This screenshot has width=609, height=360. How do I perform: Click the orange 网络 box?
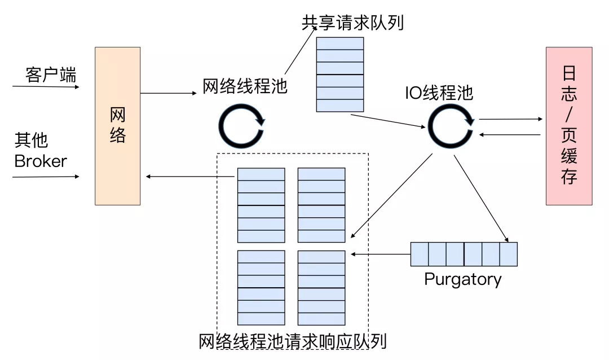pos(117,125)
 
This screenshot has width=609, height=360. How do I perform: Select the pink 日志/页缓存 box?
pos(568,125)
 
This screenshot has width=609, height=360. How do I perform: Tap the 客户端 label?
pos(51,75)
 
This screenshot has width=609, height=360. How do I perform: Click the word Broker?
pos(41,161)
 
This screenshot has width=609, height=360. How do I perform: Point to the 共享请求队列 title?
pos(352,23)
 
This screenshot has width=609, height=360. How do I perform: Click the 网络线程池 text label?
pos(245,86)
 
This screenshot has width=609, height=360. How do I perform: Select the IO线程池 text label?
pos(439,93)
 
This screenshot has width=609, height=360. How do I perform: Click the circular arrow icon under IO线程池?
pos(451,125)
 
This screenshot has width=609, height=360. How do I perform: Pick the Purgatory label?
pos(462,279)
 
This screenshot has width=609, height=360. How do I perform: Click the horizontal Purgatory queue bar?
pos(464,254)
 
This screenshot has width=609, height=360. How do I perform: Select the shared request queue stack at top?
pos(340,74)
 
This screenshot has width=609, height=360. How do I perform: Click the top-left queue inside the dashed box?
pos(261,205)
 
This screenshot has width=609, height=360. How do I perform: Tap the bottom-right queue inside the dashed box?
pos(321,288)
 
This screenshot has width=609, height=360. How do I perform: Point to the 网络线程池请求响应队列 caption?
pos(293,342)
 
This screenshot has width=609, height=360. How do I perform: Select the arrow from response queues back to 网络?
pos(190,177)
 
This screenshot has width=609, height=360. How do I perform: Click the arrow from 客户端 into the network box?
pos(45,87)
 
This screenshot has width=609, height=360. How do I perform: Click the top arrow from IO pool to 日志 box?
pos(510,119)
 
